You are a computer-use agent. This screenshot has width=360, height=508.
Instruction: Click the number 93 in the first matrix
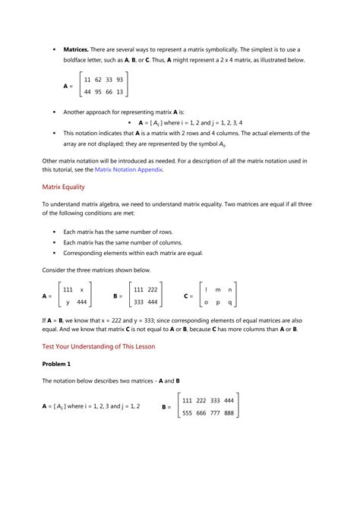pyautogui.click(x=119, y=79)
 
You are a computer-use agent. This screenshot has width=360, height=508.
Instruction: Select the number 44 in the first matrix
pyautogui.click(x=88, y=93)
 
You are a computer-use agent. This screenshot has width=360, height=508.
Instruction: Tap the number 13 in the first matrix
pyautogui.click(x=119, y=93)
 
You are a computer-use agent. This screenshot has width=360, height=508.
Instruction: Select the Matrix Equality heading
pyautogui.click(x=63, y=187)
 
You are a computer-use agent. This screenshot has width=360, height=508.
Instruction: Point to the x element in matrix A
pyautogui.click(x=81, y=289)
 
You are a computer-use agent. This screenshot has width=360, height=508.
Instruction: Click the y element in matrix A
pyautogui.click(x=68, y=302)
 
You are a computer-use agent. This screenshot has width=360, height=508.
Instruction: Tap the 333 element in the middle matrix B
pyautogui.click(x=140, y=302)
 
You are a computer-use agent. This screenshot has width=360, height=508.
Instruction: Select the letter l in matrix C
pyautogui.click(x=207, y=289)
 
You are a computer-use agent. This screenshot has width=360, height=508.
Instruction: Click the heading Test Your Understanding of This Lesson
pyautogui.click(x=98, y=346)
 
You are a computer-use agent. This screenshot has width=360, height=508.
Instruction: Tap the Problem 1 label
pyautogui.click(x=57, y=364)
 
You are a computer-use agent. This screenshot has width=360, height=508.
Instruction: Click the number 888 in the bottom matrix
pyautogui.click(x=226, y=413)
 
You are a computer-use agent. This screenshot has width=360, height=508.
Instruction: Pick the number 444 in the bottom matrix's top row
pyautogui.click(x=226, y=400)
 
